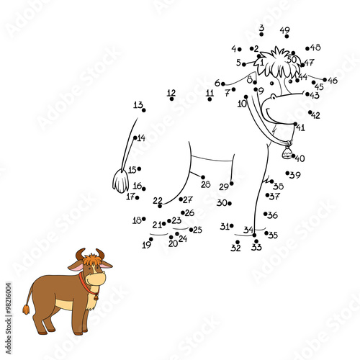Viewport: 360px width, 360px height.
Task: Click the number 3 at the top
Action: (261, 28)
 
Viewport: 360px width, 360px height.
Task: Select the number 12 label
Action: (171, 92)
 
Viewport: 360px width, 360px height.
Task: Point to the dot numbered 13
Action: (143, 110)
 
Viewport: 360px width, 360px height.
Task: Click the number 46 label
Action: (332, 81)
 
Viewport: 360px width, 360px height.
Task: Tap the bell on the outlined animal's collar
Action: (287, 153)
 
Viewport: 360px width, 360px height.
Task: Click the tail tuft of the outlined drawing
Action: (120, 181)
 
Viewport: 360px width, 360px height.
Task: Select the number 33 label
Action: (256, 248)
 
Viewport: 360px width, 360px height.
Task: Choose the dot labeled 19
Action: (150, 240)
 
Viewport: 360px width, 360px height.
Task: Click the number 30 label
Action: (222, 203)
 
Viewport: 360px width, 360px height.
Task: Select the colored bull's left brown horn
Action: (80, 253)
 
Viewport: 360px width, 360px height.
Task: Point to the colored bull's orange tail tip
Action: (26, 310)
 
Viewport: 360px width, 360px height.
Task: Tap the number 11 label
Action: (210, 92)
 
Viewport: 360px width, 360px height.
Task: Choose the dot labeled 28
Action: (203, 176)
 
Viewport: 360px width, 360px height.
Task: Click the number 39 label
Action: (295, 175)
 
